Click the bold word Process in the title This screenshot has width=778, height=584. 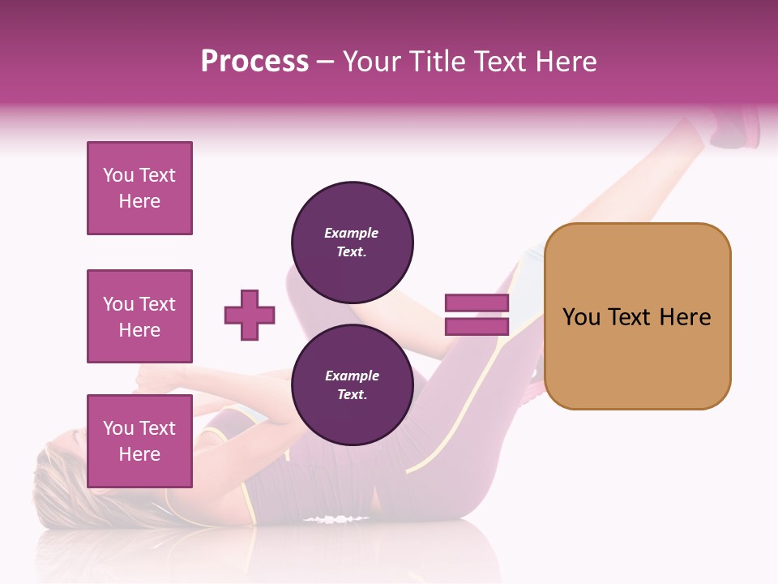tap(254, 62)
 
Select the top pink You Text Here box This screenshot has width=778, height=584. tap(139, 188)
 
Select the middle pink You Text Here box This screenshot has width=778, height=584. tap(139, 316)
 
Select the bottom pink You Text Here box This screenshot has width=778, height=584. tap(139, 441)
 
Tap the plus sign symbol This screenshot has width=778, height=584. tap(250, 315)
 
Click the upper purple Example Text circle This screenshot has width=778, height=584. tap(352, 242)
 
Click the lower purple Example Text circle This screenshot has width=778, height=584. tap(352, 384)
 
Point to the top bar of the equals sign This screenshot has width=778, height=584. tap(477, 303)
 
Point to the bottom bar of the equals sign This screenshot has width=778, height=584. tap(477, 327)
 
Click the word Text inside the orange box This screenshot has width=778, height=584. tap(630, 317)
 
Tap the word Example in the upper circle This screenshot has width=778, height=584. tap(352, 233)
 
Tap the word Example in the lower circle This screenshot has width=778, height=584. tap(352, 376)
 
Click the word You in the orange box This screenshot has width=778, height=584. tap(580, 317)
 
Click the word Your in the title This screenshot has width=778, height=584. tap(371, 62)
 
